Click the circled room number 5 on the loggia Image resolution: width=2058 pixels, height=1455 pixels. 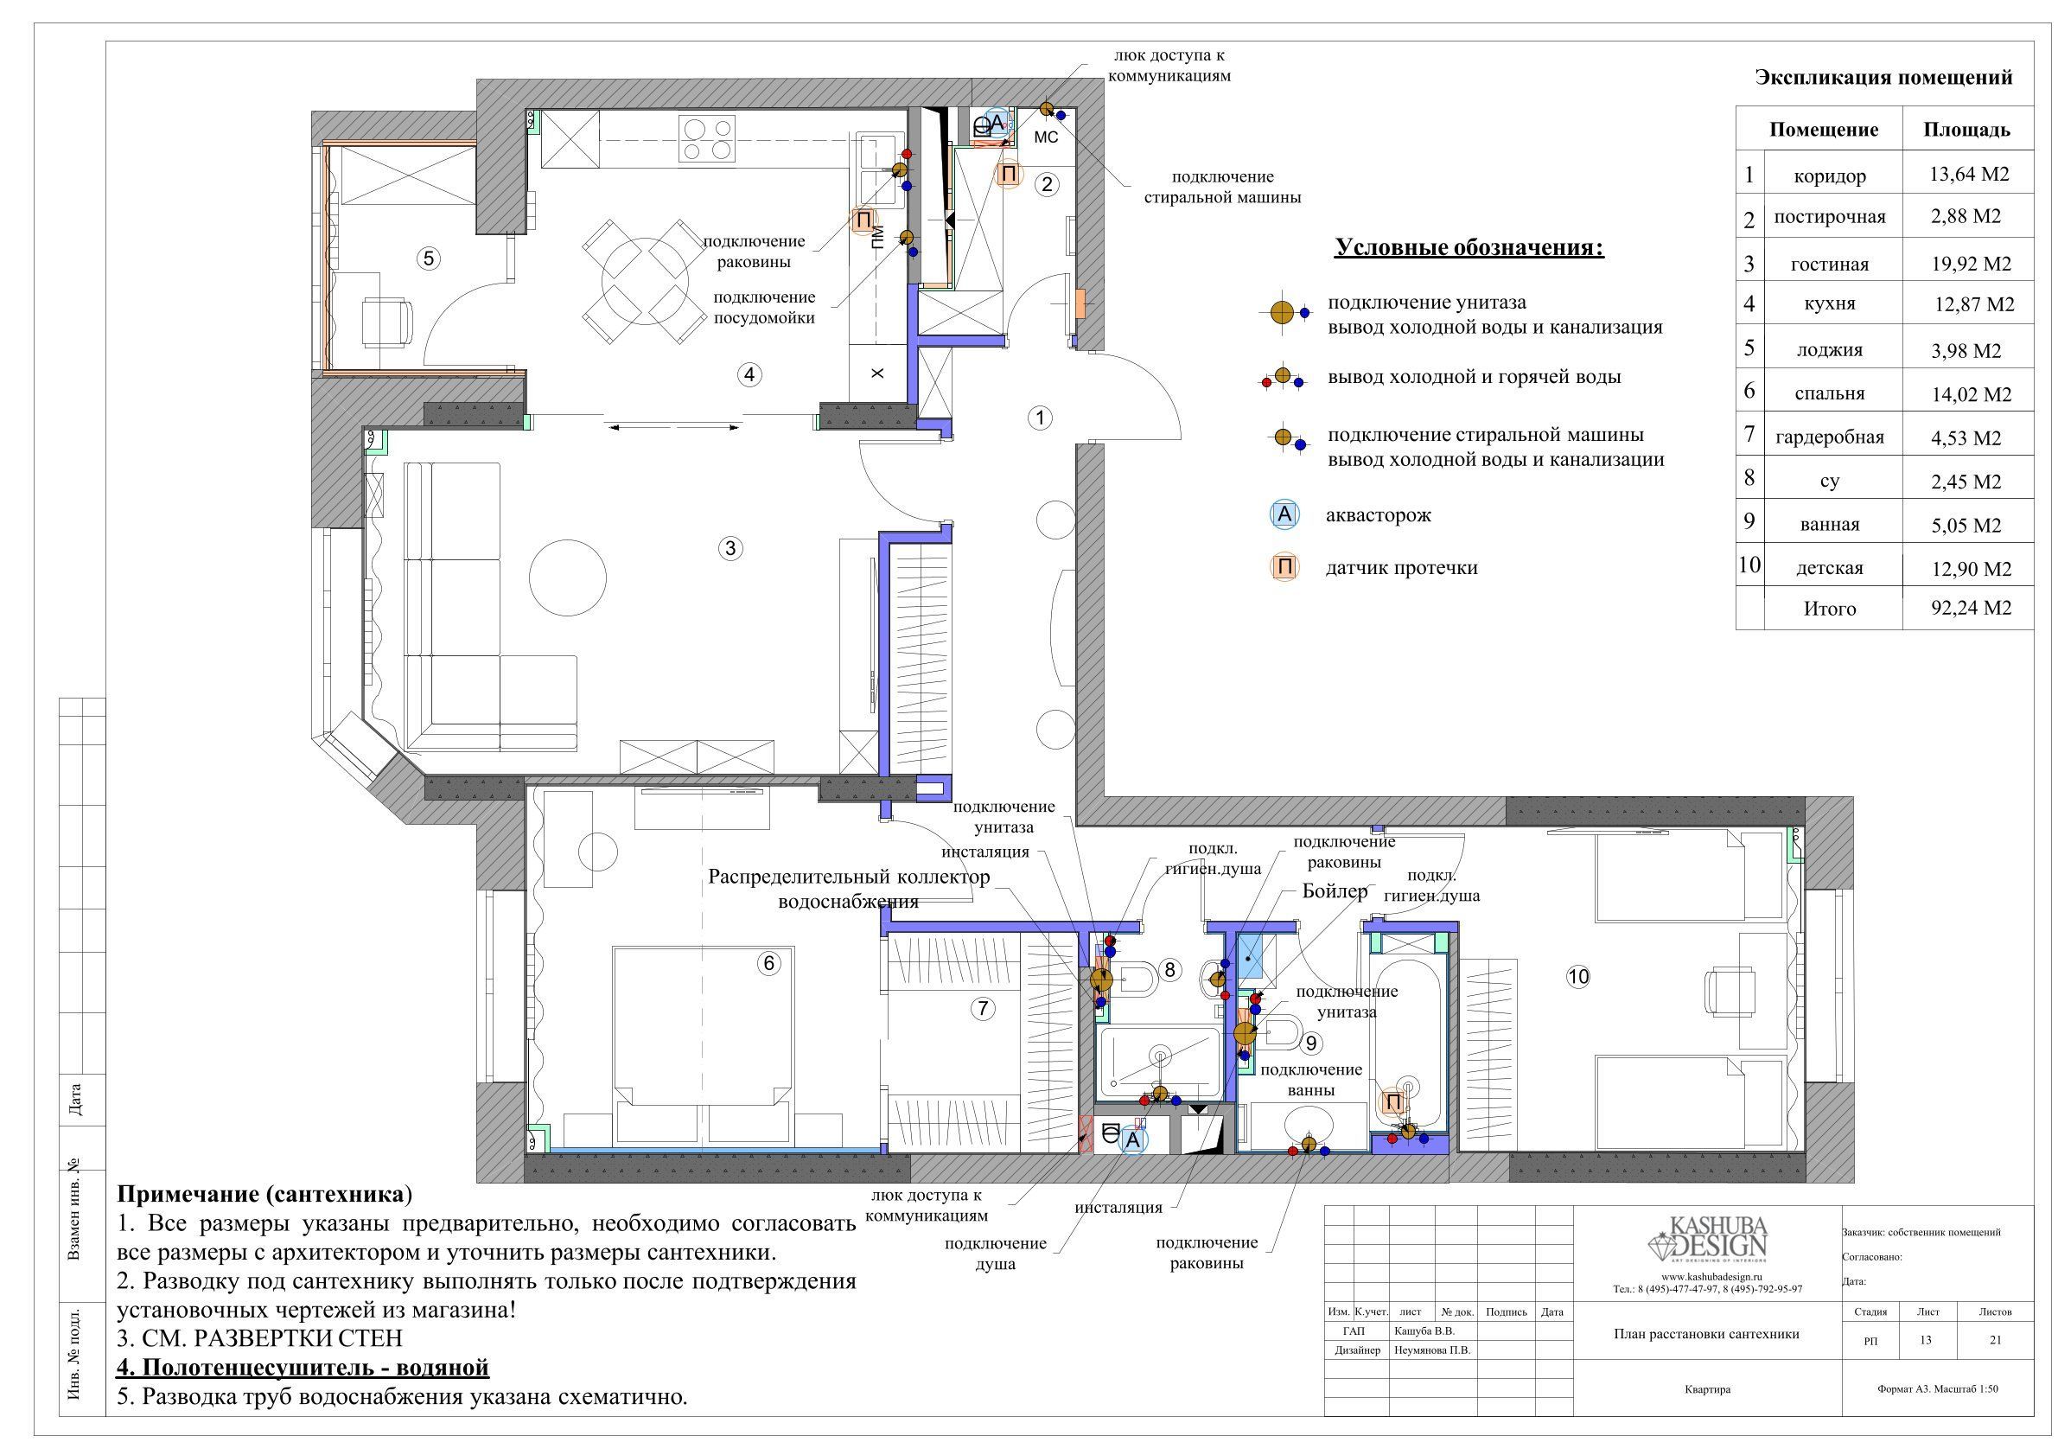429,259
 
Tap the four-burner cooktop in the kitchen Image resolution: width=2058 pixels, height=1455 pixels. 708,139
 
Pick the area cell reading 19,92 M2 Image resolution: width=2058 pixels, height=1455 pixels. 1970,264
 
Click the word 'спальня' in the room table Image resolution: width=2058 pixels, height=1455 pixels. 1830,393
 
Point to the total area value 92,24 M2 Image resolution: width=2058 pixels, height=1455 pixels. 1970,608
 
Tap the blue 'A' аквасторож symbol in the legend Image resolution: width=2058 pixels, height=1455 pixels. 1284,514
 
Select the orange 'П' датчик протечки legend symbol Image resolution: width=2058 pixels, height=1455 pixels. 1284,566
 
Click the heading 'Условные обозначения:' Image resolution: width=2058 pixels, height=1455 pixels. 1469,246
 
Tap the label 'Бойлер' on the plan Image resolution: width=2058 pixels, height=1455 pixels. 1335,891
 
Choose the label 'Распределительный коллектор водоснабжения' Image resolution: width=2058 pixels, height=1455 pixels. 849,889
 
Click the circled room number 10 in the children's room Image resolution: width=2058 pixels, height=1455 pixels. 1577,976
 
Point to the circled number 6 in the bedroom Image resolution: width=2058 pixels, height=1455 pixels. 768,963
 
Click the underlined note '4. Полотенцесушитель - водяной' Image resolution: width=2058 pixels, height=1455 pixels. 303,1367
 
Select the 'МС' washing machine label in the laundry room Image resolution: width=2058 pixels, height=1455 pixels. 1046,137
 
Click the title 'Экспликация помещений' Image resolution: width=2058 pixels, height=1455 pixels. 1883,78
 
